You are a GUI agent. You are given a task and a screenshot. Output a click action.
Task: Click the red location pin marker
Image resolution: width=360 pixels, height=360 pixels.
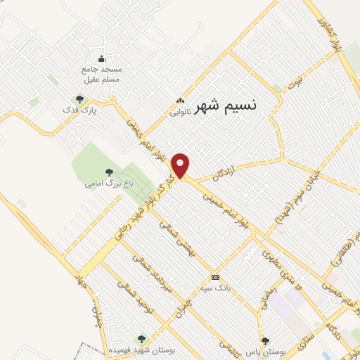[x=181, y=165]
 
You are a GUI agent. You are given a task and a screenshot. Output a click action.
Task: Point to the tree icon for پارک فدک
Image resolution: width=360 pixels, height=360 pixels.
[x=79, y=99]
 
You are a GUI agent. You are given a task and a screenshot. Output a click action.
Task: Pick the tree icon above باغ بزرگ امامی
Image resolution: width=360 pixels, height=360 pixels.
[x=108, y=172]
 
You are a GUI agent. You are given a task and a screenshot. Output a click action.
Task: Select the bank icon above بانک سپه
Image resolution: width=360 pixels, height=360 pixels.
[x=215, y=276]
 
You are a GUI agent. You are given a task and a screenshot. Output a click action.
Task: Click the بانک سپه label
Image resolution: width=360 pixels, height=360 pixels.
[x=215, y=287]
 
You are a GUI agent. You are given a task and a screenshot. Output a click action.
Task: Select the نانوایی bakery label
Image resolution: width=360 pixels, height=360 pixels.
[x=180, y=110]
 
